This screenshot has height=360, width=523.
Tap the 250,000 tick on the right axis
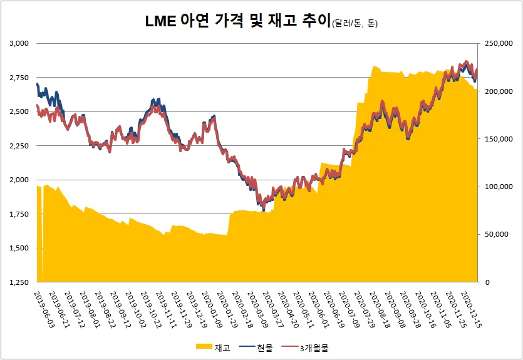495,43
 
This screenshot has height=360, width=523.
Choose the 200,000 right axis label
495,91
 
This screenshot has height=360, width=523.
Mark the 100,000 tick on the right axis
495,187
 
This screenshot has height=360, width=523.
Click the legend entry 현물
264,346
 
